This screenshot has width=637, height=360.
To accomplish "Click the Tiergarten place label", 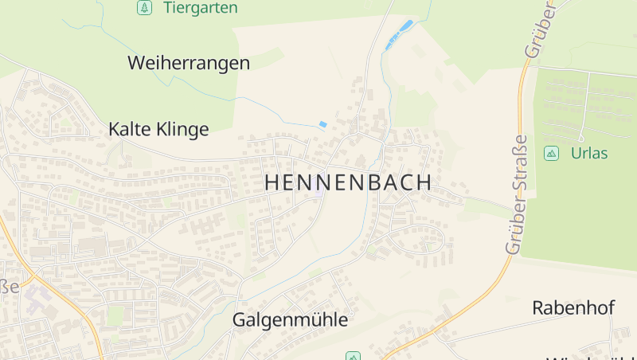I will coord(200,8).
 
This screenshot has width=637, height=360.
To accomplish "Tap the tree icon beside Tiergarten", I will coord(143,8).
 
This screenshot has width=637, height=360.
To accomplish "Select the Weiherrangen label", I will coord(189,63).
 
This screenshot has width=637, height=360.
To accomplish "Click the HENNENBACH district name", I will coord(348,182).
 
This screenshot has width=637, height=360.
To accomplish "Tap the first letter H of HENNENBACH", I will coord(271,182).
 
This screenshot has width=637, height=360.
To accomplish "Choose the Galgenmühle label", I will coord(290,320).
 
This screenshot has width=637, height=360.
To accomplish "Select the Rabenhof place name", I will coord(573,307).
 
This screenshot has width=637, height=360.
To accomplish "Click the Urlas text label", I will coord(589,153).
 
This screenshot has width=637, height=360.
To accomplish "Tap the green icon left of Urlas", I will coord(551,153).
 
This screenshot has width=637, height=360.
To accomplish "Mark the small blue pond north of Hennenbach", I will coord(322,125).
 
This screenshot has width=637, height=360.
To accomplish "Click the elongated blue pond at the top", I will coord(399,35).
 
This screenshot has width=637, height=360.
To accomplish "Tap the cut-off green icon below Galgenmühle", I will coord(353,356).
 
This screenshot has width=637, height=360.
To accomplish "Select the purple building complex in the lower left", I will coord(35,299).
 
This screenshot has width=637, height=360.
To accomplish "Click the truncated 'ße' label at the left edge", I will coord(9,286).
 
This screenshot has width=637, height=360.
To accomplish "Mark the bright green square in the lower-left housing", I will coord(115,316).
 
